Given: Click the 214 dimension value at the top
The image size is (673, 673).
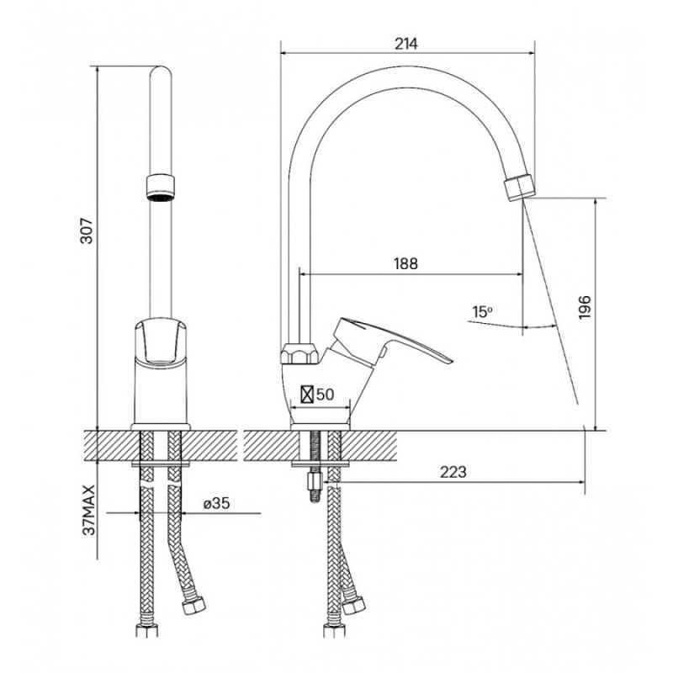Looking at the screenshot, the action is (x=406, y=44).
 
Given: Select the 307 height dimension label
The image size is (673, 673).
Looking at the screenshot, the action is (x=87, y=231).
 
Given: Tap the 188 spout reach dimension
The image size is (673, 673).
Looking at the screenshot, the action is (x=405, y=263).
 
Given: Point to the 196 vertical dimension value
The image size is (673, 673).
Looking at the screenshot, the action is (x=585, y=307).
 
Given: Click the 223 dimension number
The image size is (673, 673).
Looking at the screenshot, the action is (x=453, y=472).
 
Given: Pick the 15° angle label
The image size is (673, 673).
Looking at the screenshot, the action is (x=482, y=312).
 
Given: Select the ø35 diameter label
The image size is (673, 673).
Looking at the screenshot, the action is (x=216, y=503).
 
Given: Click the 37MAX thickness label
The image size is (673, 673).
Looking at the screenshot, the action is (x=89, y=511).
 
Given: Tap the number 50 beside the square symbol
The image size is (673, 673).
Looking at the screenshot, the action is (x=325, y=394).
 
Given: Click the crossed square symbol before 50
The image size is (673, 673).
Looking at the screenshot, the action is (x=307, y=395).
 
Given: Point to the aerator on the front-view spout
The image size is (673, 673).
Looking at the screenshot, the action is (x=161, y=188).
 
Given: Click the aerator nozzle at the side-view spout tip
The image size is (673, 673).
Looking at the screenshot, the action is (x=519, y=188).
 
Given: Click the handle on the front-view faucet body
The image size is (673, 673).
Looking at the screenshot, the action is (x=161, y=340).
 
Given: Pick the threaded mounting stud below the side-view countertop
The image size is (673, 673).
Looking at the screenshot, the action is (x=315, y=466).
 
